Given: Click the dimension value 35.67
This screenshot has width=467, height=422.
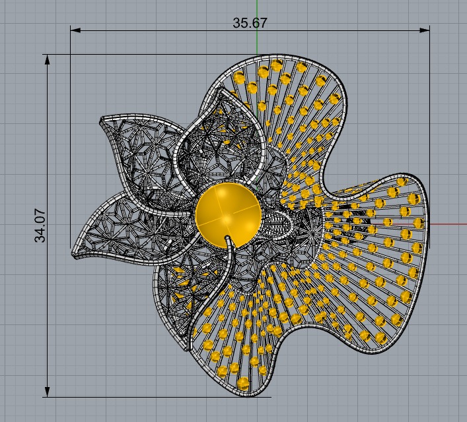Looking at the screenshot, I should tap(250, 22).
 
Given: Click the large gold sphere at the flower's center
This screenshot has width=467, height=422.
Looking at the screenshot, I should tap(228, 214).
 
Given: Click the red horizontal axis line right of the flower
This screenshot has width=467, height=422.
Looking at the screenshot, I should tap(449, 224).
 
